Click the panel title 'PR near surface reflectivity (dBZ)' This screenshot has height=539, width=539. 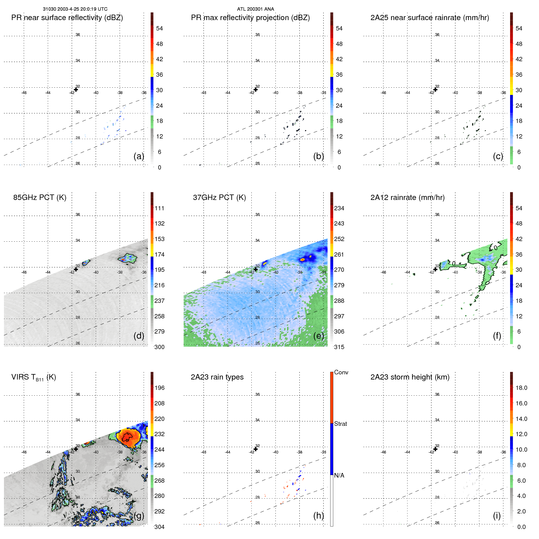67,18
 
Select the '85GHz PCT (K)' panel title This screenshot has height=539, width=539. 40,197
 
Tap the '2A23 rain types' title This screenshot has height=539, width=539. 217,377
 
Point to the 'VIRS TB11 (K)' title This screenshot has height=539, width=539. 33,377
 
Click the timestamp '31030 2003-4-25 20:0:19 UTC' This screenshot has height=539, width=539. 75,9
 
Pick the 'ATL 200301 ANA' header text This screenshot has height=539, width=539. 255,9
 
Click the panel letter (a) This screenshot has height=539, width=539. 138,156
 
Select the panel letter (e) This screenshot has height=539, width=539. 318,336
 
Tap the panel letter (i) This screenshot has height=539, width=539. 497,516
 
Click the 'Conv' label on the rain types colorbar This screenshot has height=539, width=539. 341,372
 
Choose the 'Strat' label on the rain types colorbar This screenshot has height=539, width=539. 340,424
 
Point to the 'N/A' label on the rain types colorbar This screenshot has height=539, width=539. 339,475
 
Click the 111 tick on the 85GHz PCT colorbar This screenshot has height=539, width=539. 159,208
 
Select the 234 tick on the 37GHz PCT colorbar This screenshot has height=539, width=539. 339,208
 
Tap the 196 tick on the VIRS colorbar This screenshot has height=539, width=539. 159,388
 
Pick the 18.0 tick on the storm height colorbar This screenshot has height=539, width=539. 521,388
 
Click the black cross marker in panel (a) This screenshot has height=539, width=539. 76,89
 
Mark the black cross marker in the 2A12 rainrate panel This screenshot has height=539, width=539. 436,269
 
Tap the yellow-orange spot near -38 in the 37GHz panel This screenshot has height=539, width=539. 302,260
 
